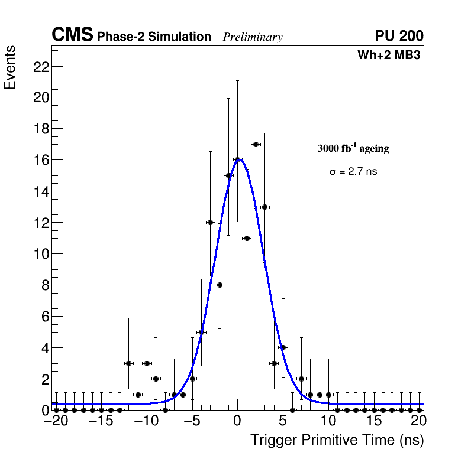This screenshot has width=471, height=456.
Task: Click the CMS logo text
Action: (x=72, y=35)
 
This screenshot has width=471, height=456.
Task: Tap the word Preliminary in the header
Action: (x=253, y=37)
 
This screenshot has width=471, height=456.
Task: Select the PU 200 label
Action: (x=399, y=36)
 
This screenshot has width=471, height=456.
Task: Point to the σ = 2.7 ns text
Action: (x=353, y=172)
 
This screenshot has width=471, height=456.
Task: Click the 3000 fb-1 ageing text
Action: (x=353, y=149)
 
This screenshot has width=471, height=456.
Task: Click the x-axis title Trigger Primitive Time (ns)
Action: (x=337, y=440)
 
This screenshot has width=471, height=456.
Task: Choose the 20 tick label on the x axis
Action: (x=418, y=422)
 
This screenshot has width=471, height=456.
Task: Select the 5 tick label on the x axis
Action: (x=283, y=422)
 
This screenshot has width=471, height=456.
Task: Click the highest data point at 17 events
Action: (x=256, y=144)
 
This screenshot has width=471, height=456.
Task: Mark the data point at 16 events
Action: (x=237, y=159)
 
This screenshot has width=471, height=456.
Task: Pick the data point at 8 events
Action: (x=220, y=285)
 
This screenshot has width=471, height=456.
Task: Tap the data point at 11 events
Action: (x=247, y=238)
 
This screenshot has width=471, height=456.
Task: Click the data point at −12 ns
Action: (x=128, y=363)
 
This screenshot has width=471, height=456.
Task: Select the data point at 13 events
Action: (x=264, y=207)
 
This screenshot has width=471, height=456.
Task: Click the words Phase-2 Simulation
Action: (x=154, y=37)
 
